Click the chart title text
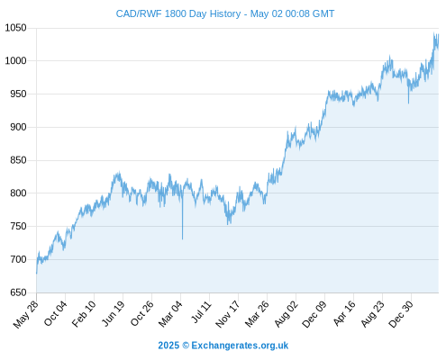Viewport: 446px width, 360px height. (x=225, y=13)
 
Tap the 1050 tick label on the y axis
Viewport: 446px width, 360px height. (x=16, y=28)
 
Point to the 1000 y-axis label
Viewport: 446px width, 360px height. (x=16, y=61)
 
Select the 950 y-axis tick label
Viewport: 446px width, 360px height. (x=18, y=94)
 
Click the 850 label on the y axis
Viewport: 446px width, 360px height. (x=18, y=160)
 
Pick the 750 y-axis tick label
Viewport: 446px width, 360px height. (x=18, y=226)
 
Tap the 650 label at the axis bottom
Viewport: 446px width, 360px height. (x=18, y=292)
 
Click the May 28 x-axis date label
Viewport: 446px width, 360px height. (x=26, y=313)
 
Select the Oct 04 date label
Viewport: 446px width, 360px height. (x=55, y=313)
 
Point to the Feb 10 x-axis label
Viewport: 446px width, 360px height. (x=84, y=313)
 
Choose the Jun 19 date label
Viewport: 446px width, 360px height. (x=113, y=313)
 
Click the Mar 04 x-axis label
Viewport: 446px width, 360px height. (x=170, y=313)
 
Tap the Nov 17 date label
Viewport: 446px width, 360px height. (x=228, y=313)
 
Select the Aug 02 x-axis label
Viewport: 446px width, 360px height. (x=286, y=313)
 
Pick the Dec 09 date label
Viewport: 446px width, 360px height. (x=314, y=313)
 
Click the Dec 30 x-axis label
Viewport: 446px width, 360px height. (x=401, y=313)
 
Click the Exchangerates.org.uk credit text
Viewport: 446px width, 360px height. (x=240, y=346)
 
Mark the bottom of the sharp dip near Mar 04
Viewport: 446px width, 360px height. (x=182, y=239)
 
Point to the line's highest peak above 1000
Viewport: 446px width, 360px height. (x=434, y=32)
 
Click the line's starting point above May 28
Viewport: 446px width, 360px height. (x=37, y=274)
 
